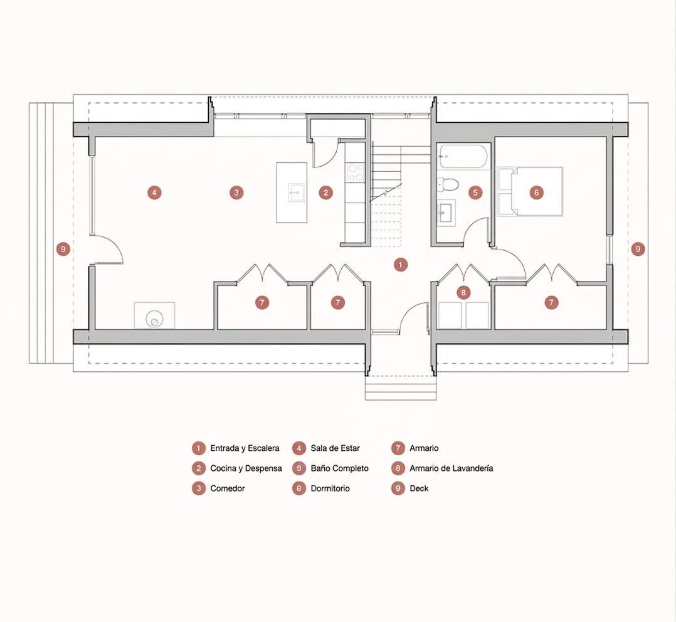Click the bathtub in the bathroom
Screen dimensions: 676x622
click(x=463, y=156)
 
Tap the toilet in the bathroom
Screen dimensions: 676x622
click(x=448, y=184)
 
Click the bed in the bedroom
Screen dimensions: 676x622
click(x=530, y=191)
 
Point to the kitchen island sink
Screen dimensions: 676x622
click(x=297, y=192)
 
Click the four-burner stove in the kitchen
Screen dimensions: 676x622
click(x=356, y=172)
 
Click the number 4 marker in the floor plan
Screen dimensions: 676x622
click(x=154, y=192)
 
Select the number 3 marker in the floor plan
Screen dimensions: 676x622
click(x=236, y=192)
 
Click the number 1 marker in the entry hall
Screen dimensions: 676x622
click(x=401, y=265)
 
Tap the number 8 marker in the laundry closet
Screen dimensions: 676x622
click(x=463, y=293)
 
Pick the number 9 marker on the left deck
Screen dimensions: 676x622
click(x=63, y=249)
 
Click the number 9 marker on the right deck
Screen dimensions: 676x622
click(x=638, y=249)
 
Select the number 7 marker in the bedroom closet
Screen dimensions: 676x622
click(x=551, y=302)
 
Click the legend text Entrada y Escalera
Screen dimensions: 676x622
click(x=245, y=448)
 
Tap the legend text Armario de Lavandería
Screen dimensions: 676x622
click(x=452, y=468)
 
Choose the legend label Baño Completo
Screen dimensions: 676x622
click(x=340, y=468)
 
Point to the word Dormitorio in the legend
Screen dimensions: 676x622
click(x=330, y=488)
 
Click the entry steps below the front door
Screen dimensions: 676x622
click(x=401, y=388)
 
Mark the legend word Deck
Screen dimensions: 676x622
click(x=419, y=488)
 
